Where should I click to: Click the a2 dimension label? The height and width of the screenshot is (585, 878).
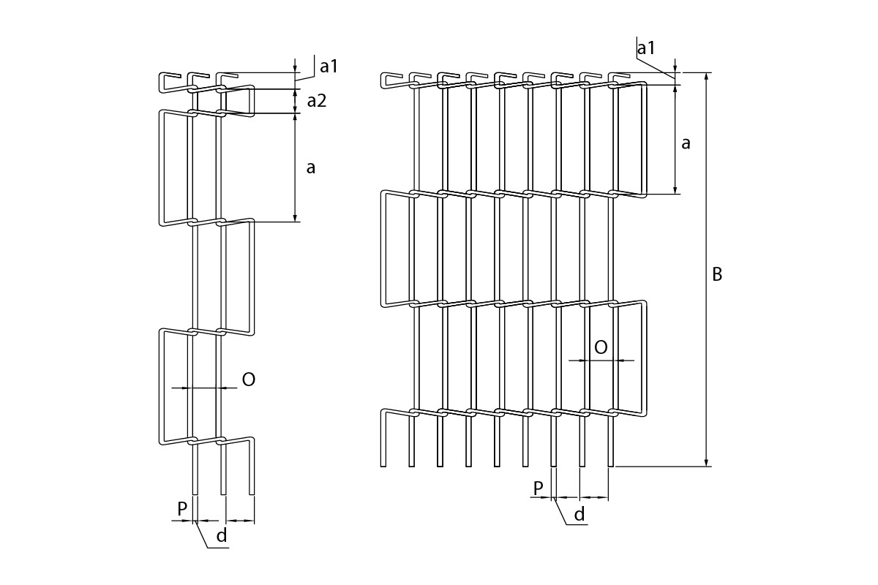316,101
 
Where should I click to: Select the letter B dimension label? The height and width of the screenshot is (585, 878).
717,274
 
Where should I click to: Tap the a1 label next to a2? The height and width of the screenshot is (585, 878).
329,67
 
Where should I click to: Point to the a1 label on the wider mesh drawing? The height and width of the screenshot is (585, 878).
646,48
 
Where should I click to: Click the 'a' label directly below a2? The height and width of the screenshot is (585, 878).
311,167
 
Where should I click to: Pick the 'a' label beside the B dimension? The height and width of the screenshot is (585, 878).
686,143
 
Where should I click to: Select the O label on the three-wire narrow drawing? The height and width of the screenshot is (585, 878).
248,380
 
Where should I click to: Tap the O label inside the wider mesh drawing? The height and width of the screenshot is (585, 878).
601,347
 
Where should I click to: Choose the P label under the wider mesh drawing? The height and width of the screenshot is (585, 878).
538,488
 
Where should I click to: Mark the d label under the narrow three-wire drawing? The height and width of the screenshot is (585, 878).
222,536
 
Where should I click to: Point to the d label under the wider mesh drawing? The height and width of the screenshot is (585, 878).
579,515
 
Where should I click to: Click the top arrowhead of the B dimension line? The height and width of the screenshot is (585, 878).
706,77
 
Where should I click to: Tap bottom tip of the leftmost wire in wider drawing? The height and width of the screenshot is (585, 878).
383,465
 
